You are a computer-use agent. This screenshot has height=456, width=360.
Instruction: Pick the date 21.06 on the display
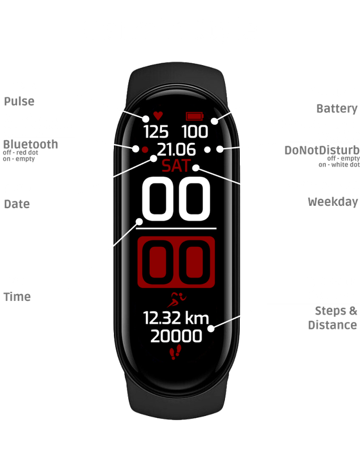177,150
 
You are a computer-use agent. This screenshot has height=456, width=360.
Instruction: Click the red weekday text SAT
177,166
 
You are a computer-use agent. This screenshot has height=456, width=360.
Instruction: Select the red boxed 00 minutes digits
177,262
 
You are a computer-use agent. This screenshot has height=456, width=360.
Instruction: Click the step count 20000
177,336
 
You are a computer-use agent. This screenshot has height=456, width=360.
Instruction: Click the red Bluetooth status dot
145,149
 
